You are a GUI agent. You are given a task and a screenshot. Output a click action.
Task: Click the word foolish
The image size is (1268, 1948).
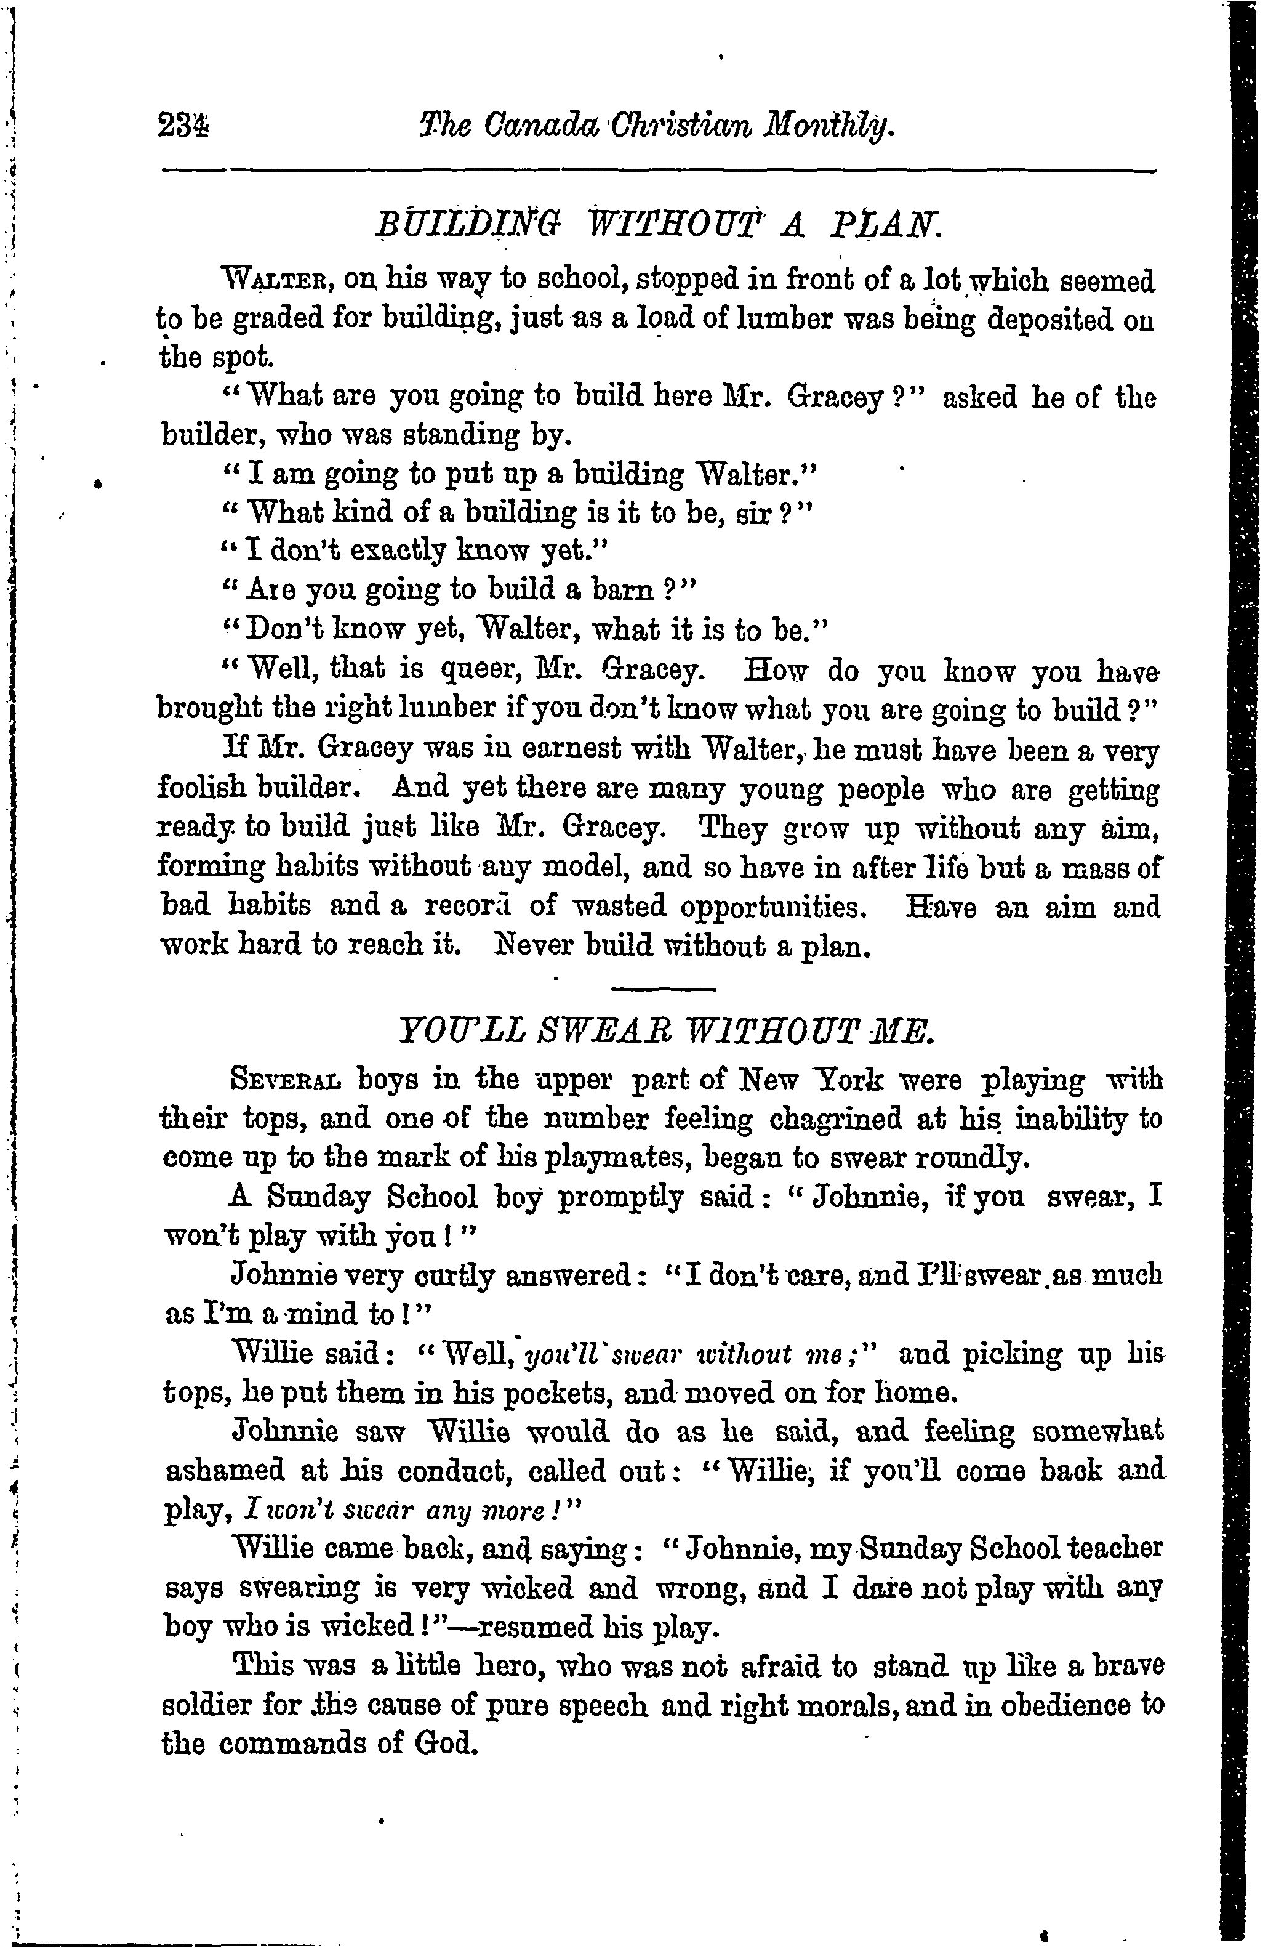[203, 790]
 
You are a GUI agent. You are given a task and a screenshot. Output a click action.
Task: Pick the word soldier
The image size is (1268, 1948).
[211, 1707]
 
